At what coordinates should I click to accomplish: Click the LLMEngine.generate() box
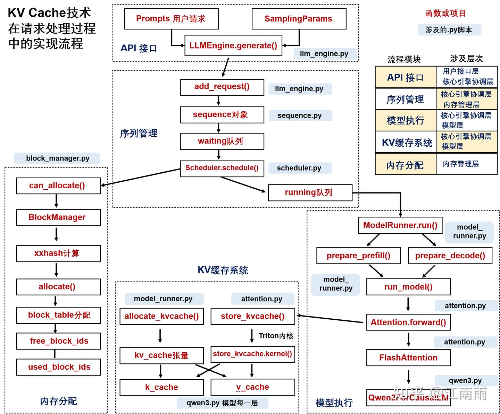tap(233, 45)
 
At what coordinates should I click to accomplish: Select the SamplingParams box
tap(299, 19)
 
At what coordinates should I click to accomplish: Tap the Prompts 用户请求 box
tap(171, 19)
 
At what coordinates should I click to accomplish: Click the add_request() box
tap(222, 87)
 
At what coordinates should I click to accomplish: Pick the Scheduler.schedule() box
tap(222, 168)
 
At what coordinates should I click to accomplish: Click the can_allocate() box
tap(58, 186)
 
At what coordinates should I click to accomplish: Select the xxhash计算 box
tap(58, 253)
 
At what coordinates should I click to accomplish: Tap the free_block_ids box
tap(58, 341)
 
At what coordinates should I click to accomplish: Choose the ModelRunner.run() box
tap(400, 225)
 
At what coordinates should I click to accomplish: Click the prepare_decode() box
tap(450, 256)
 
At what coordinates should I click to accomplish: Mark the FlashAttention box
tap(408, 358)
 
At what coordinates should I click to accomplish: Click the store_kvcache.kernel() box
tap(252, 354)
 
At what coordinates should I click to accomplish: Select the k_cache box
tap(161, 387)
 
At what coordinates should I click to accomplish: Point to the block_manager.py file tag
tap(57, 158)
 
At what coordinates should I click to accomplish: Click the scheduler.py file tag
tap(299, 168)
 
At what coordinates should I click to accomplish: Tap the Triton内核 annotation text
tap(276, 336)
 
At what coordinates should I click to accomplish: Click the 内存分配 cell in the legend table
tap(405, 165)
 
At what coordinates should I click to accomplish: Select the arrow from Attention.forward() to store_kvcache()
tap(330, 319)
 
